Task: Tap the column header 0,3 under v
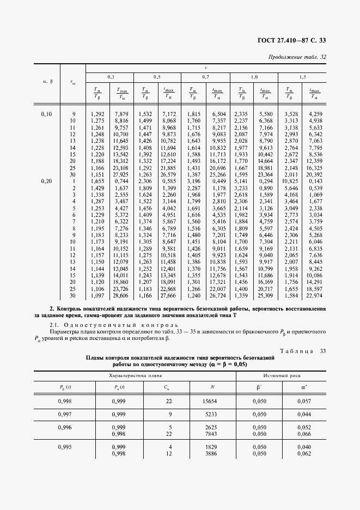110,77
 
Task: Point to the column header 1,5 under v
302,77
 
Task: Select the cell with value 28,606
120,295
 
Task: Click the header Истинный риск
280,376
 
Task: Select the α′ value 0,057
305,402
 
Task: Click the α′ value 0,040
305,447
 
